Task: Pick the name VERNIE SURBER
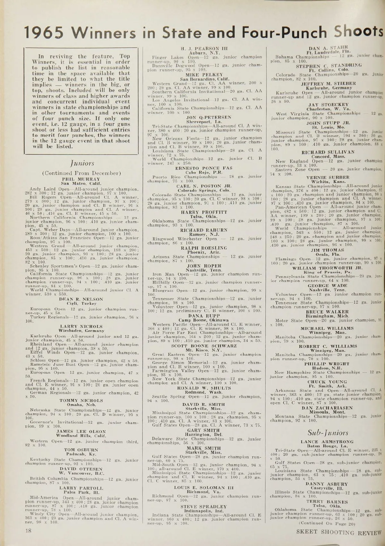(328, 177)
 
